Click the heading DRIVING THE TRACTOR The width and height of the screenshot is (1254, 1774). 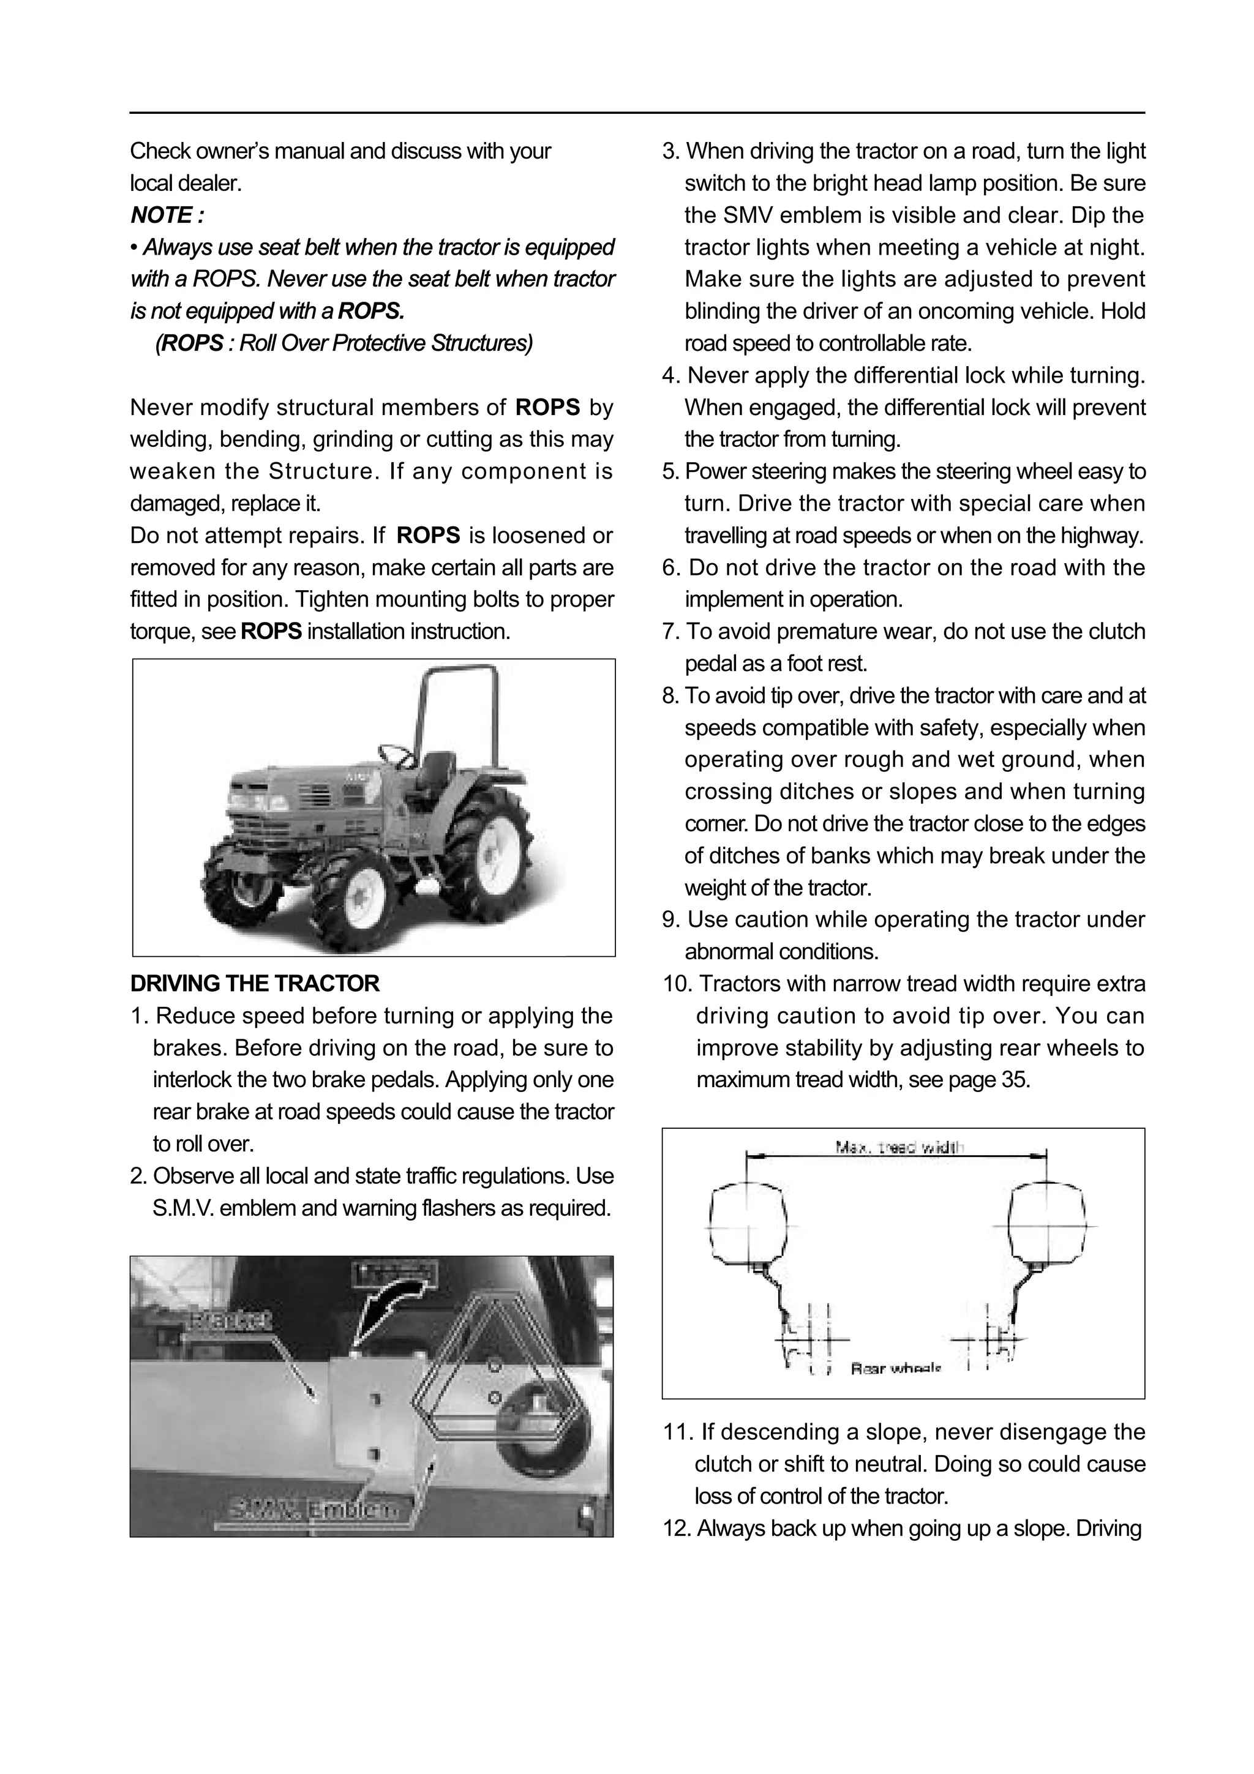(255, 984)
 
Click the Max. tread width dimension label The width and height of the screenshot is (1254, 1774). (900, 1148)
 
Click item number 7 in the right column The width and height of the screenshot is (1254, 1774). (670, 632)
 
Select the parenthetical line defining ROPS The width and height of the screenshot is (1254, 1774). (344, 343)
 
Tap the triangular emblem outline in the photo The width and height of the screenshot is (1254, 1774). (495, 1368)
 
